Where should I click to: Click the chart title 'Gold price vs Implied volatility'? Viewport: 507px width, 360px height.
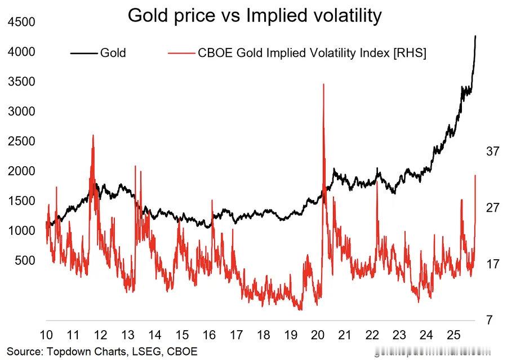[254, 15]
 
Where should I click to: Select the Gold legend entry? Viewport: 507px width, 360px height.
[113, 53]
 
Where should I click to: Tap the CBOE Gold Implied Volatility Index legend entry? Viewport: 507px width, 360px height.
[312, 53]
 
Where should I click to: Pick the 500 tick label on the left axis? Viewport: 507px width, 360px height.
[25, 260]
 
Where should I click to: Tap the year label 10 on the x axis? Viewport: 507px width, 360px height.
[46, 334]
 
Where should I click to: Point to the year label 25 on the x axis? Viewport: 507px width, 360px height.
[452, 334]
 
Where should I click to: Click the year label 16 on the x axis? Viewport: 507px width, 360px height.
[209, 334]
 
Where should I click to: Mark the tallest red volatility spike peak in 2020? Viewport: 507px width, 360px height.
[323, 85]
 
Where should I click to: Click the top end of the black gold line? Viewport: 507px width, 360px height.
[475, 37]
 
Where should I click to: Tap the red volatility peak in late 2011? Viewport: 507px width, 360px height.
[93, 136]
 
